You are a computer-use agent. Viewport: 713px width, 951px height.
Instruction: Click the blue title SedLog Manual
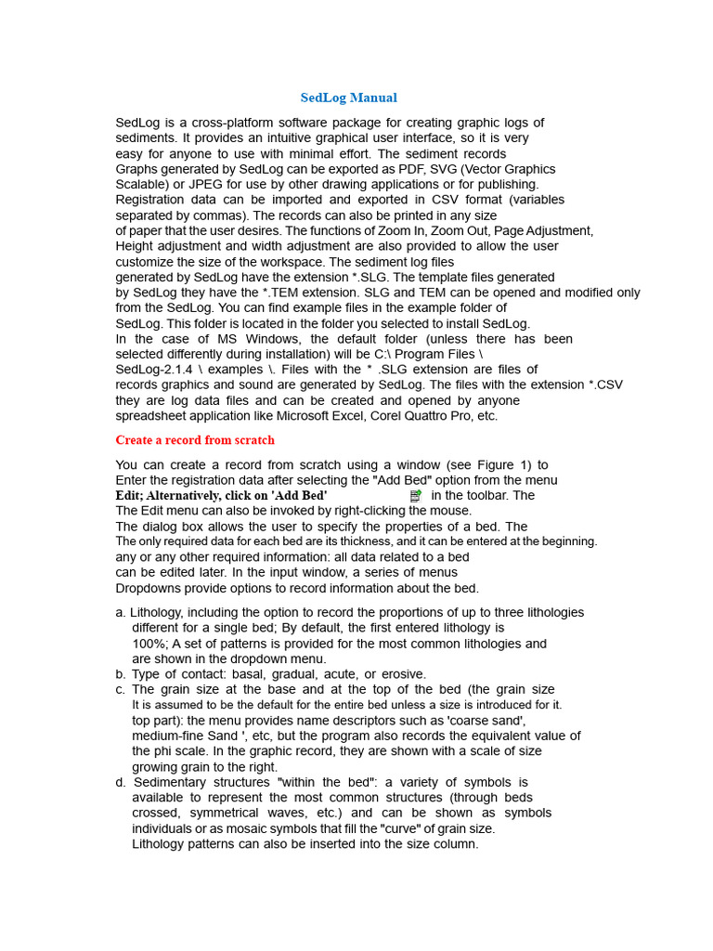[348, 98]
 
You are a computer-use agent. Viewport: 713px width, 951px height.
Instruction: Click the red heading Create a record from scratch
[195, 439]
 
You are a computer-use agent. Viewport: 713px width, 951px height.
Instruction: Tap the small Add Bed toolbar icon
[416, 497]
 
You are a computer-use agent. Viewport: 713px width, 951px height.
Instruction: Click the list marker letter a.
[120, 613]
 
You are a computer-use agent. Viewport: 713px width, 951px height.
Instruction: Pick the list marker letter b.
[120, 674]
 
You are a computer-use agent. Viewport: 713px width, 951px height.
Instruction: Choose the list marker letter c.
[120, 690]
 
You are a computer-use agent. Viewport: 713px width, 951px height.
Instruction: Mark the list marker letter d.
[120, 782]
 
